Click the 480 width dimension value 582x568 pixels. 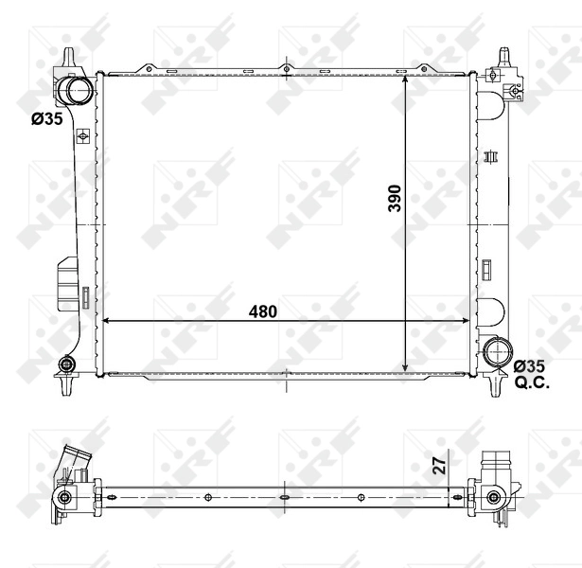(263, 311)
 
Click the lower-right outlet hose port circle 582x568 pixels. (496, 352)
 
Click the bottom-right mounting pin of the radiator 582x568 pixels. (497, 385)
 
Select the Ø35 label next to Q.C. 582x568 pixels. (530, 364)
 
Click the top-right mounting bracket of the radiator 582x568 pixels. (499, 76)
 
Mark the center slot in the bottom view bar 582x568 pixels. (285, 496)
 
